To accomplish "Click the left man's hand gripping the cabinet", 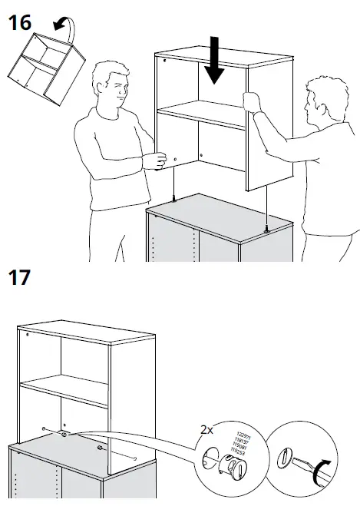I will [156, 160].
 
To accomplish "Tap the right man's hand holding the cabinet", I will [249, 101].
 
